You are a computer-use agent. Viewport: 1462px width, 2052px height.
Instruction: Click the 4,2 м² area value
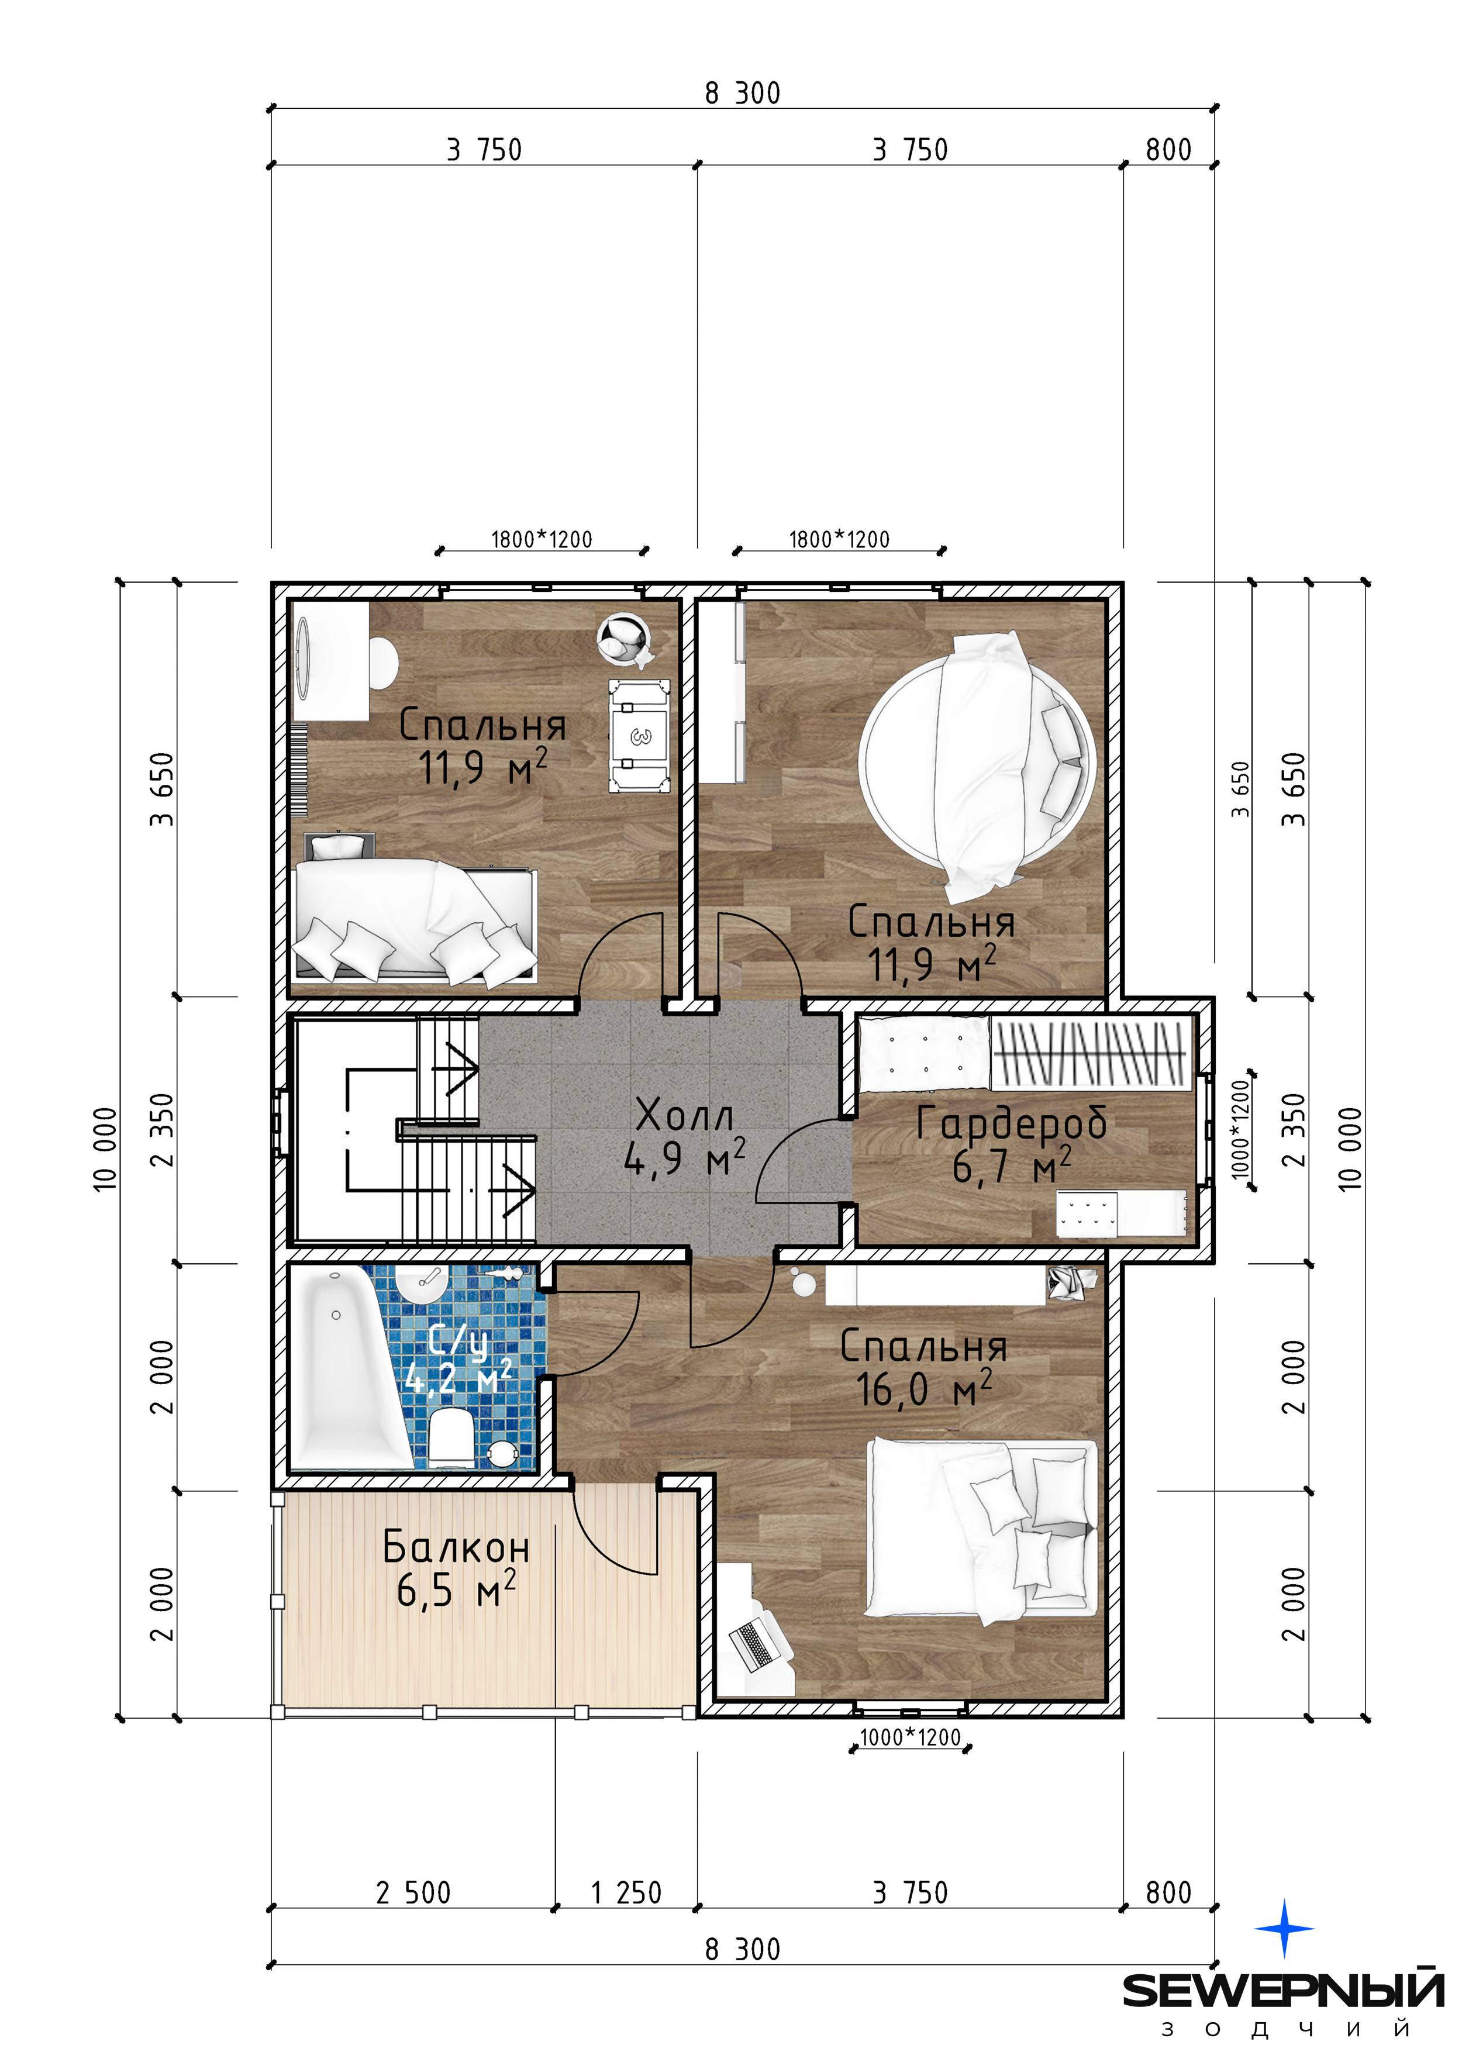point(458,1376)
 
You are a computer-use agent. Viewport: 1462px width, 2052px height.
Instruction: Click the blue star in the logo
point(1285,1929)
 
